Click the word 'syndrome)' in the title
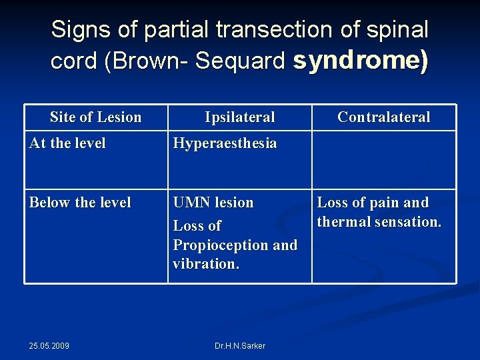361,61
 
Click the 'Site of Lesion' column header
96,117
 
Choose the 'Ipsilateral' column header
240,117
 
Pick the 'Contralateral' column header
384,117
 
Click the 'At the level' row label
67,143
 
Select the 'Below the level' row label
80,202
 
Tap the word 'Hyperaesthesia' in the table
225,143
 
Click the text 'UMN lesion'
213,202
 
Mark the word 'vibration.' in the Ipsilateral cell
205,263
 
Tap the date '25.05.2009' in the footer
49,345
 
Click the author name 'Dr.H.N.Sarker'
240,345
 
